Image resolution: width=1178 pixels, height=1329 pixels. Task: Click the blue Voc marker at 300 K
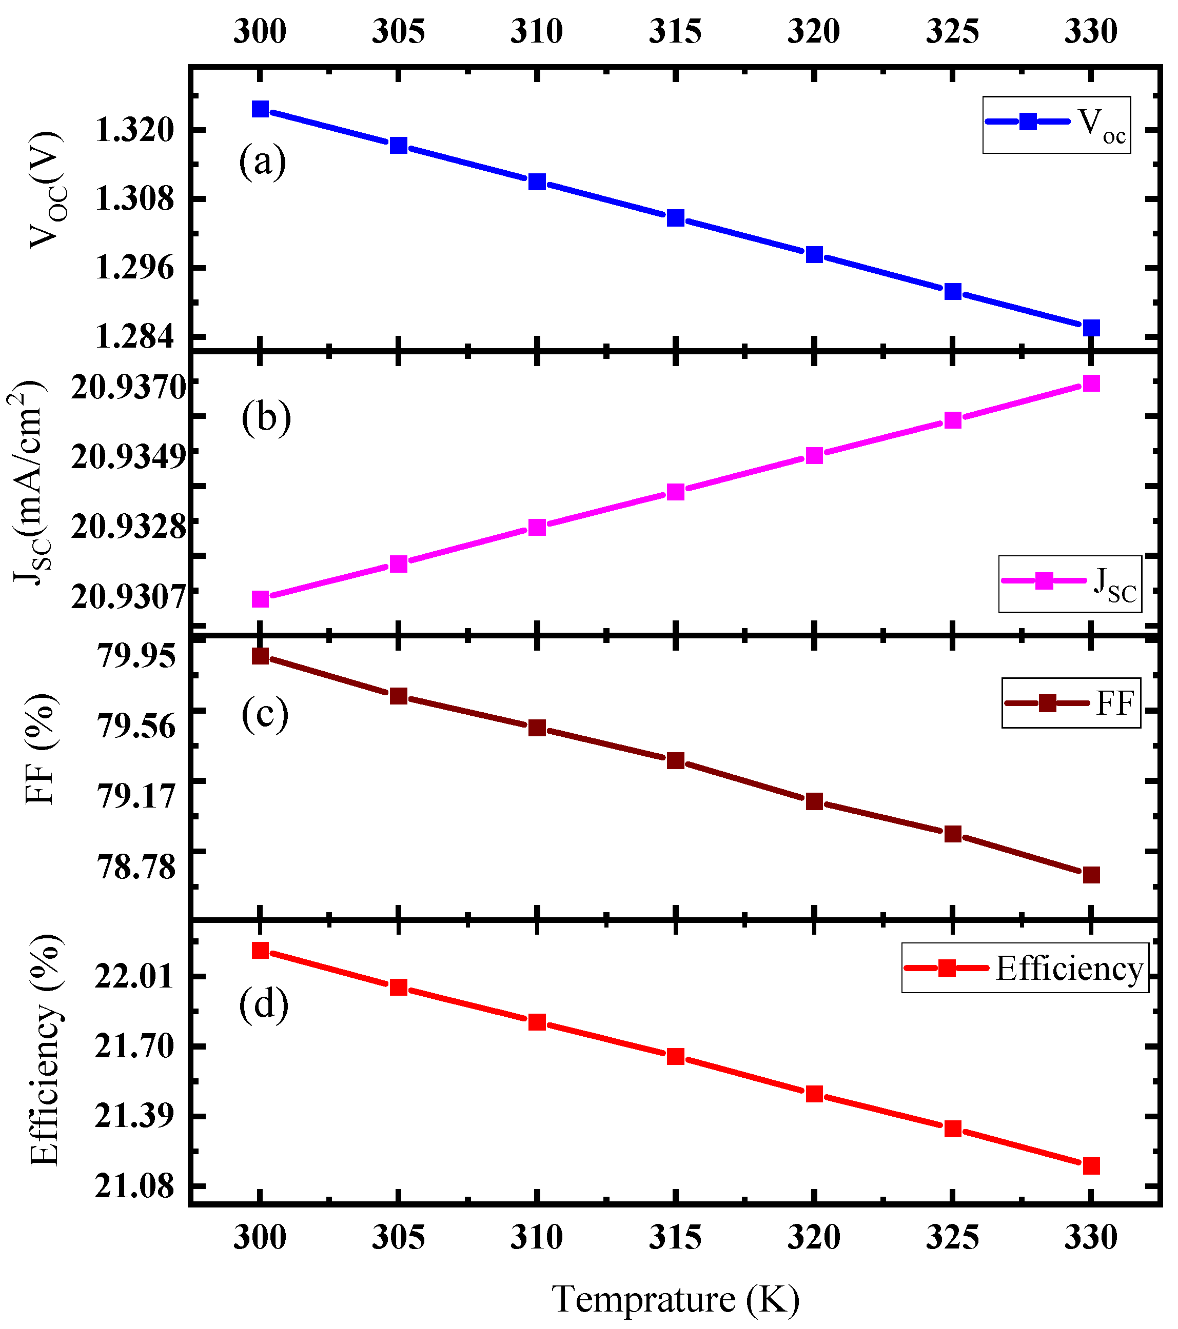260,109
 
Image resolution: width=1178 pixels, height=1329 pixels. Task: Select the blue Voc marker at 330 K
1091,328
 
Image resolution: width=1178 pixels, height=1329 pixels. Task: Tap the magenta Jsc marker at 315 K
676,492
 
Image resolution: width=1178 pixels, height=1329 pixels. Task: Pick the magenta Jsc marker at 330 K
1091,384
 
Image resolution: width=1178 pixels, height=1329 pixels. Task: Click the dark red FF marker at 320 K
814,801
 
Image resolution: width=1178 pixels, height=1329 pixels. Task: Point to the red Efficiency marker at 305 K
399,988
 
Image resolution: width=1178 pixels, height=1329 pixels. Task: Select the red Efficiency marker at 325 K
953,1128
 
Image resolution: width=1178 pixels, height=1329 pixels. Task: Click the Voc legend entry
1056,125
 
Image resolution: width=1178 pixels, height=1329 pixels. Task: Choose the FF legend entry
1071,703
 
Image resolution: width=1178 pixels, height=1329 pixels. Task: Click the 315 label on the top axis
675,31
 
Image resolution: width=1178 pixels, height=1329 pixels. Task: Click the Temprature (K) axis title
676,1300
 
